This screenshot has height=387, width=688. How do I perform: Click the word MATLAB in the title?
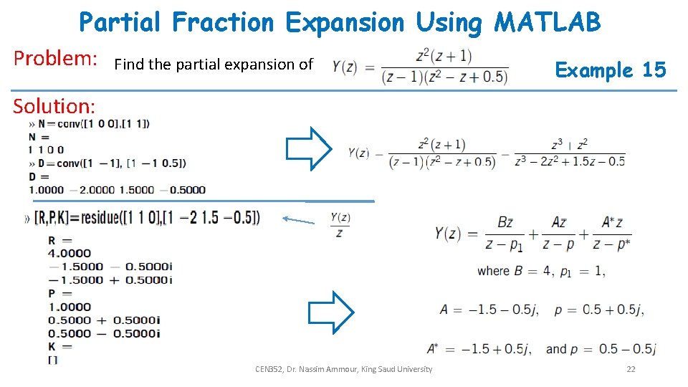coord(547,22)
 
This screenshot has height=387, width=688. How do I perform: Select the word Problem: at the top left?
coord(56,58)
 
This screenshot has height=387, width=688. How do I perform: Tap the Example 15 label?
coord(611,70)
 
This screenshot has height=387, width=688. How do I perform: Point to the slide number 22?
coord(631,369)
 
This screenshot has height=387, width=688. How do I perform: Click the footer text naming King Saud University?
coord(344,369)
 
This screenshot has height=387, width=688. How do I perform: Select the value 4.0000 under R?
coord(70,253)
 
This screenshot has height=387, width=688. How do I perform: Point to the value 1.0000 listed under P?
coord(70,307)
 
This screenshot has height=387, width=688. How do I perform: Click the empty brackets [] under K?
coord(52,359)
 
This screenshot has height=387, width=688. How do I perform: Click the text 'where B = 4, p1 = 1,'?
coord(541,272)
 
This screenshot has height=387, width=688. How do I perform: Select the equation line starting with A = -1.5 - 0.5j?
coord(542,310)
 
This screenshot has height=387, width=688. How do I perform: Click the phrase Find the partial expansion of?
coord(214,64)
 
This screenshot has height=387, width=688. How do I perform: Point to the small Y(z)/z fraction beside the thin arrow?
coord(340,224)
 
